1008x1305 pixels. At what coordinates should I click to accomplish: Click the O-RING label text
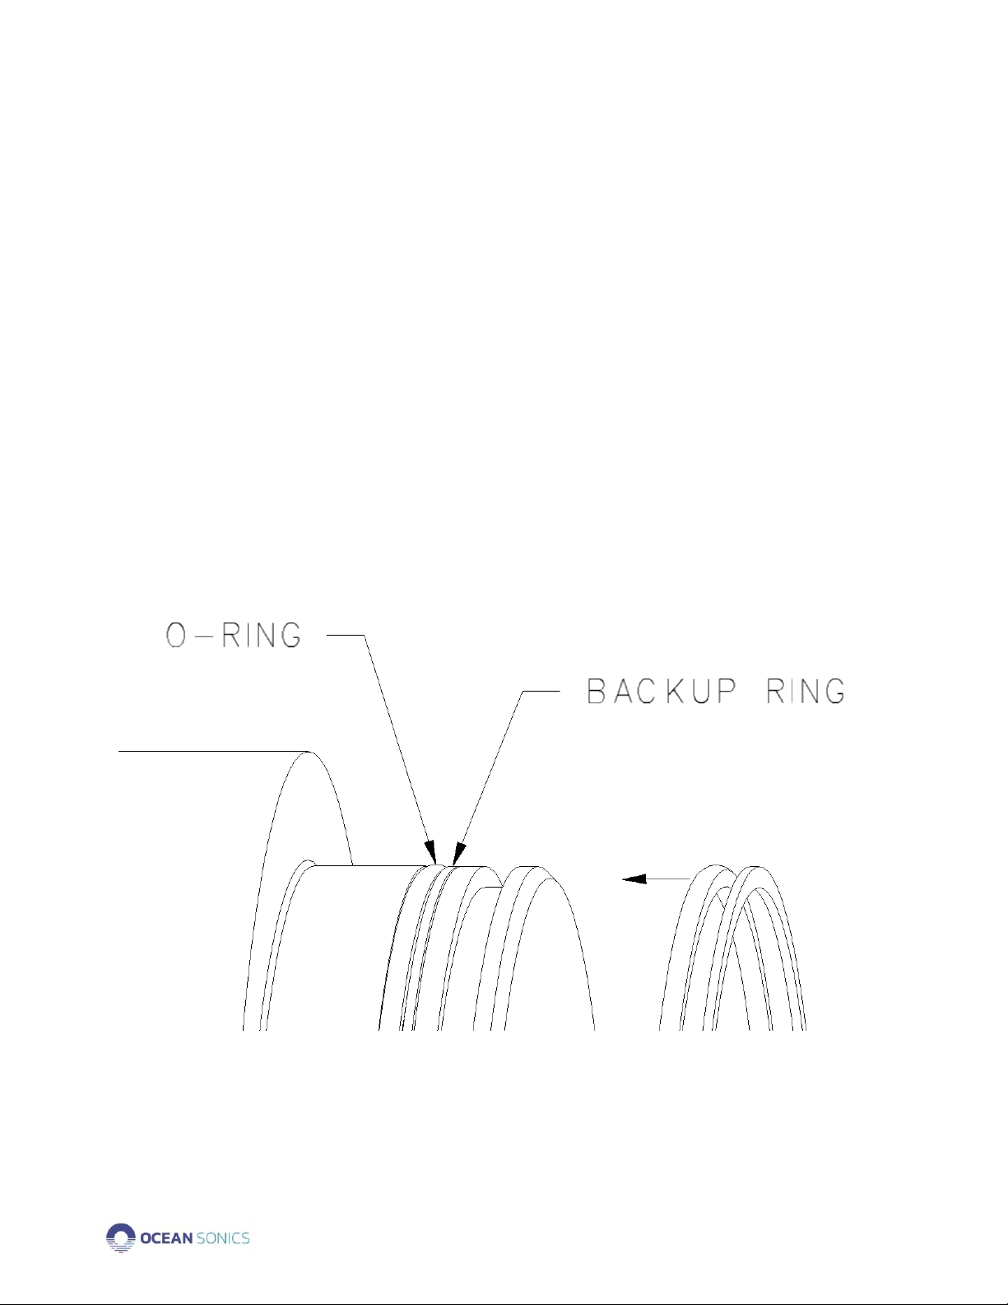(234, 636)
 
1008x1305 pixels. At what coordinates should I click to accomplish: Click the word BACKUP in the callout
(662, 692)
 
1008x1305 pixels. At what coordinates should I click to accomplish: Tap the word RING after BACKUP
(806, 692)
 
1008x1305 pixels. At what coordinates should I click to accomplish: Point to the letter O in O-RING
(176, 636)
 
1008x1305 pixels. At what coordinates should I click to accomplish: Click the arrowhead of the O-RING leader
(430, 853)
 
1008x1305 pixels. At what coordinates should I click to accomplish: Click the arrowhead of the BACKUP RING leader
(459, 853)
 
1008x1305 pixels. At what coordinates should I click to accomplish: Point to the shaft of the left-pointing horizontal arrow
(668, 879)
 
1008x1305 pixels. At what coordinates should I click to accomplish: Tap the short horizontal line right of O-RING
(346, 635)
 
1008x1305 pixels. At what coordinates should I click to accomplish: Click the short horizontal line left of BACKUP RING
(541, 692)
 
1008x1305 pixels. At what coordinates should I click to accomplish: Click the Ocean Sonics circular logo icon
(120, 1237)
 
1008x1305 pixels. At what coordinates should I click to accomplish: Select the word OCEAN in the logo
(166, 1238)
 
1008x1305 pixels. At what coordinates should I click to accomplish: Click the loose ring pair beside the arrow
(732, 948)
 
